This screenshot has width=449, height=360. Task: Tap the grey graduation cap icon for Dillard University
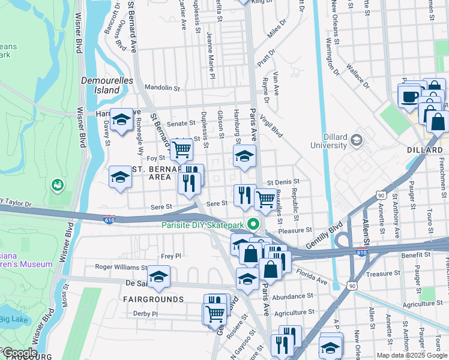click(357, 140)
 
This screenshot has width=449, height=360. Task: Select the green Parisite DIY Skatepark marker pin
click(253, 225)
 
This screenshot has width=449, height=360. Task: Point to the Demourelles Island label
click(101, 85)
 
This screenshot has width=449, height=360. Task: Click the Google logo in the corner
click(19, 353)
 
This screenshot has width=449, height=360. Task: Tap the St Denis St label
click(283, 181)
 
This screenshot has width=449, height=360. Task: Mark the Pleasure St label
click(295, 230)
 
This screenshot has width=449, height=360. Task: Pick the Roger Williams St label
click(121, 267)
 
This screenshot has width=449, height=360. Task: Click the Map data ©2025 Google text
click(412, 355)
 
